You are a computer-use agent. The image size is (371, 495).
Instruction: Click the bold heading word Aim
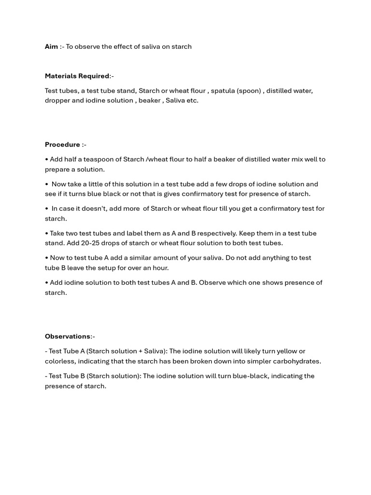click(x=51, y=46)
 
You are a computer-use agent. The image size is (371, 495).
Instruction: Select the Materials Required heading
click(x=77, y=76)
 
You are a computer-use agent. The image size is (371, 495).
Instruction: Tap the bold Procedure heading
click(x=62, y=145)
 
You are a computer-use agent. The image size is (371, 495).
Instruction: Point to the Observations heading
click(x=68, y=336)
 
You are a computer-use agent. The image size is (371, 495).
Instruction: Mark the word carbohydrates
click(x=296, y=361)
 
